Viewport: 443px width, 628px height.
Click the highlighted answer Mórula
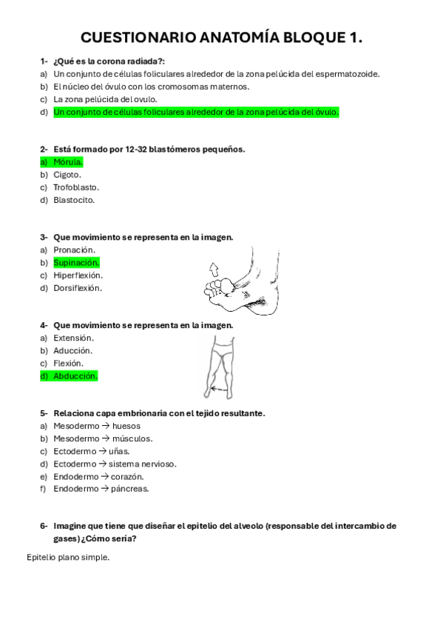coord(68,161)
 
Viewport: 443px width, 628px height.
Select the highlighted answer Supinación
coord(76,263)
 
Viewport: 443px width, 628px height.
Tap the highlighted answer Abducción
coord(75,376)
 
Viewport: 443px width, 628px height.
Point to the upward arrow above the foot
coord(214,267)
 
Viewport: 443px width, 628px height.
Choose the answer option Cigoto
coord(67,175)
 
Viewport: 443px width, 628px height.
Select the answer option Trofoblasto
coord(75,187)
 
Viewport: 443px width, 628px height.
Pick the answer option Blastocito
coord(74,200)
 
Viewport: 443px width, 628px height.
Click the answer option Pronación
coord(73,250)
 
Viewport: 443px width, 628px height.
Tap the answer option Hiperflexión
coord(78,275)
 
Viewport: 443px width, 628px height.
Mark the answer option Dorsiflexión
coord(78,288)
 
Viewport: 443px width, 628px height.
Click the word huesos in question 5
coord(127,426)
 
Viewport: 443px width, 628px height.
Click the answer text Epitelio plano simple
coord(67,558)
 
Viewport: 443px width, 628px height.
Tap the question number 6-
coord(44,526)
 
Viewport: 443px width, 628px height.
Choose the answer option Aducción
coord(72,351)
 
